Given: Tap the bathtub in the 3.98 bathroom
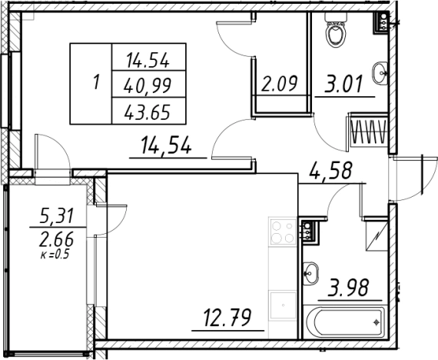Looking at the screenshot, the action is (345, 322).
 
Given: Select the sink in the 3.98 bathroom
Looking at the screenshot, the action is (310, 273).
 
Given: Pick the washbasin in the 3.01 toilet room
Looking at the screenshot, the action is (380, 73).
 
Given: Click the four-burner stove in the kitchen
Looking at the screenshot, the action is (283, 232).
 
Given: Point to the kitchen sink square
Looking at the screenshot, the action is (283, 305).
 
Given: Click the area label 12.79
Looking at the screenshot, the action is (227, 318).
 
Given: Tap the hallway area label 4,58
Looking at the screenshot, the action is (330, 170).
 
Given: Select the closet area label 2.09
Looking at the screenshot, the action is (280, 83).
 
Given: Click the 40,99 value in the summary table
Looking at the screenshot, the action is (148, 85).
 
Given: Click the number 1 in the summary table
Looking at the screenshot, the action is (96, 82).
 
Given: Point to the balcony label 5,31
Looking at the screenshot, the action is (57, 215).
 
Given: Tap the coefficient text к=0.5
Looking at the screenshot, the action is (55, 255).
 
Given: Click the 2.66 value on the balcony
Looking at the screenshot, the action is (56, 239).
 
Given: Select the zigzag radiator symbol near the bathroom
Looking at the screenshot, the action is (368, 131).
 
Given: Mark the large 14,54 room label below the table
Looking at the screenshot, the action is (166, 145).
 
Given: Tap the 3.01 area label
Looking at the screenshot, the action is (343, 84).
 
